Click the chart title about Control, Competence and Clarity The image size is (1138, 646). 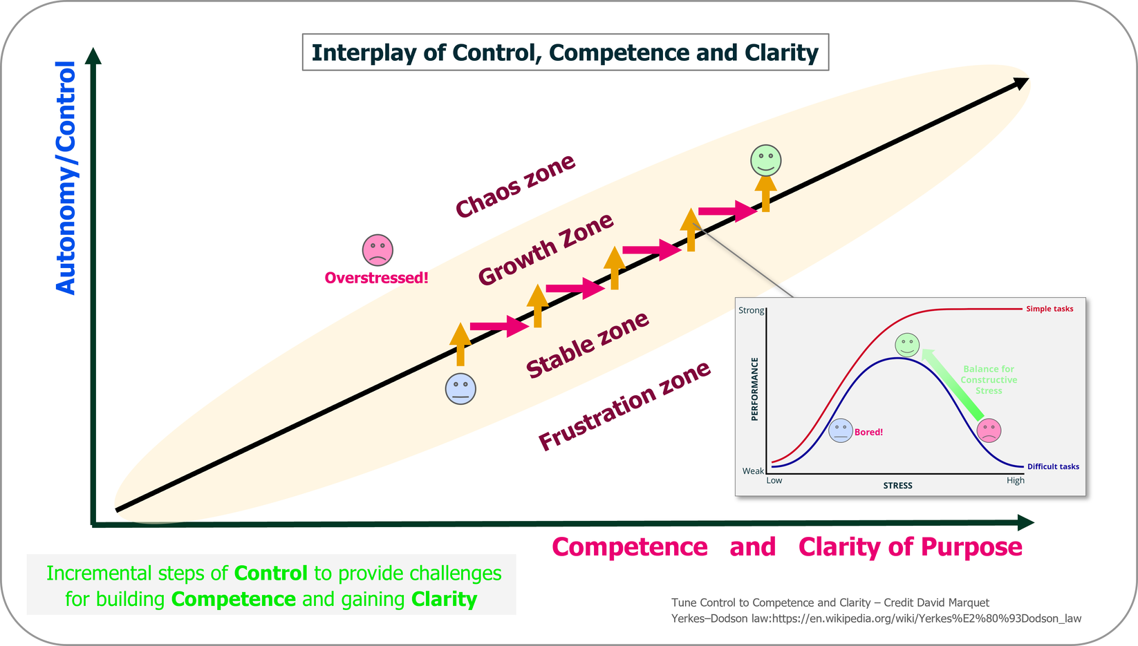pyautogui.click(x=565, y=53)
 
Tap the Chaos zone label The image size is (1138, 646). pyautogui.click(x=515, y=186)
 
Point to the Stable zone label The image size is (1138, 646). pyautogui.click(x=587, y=345)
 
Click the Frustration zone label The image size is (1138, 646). pyautogui.click(x=624, y=406)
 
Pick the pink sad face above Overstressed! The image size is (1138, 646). pyautogui.click(x=377, y=250)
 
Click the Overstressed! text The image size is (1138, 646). pyautogui.click(x=376, y=278)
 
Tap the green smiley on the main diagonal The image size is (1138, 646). pyautogui.click(x=765, y=160)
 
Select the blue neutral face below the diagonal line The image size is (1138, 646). pyautogui.click(x=460, y=388)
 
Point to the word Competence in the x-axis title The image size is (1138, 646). pyautogui.click(x=629, y=547)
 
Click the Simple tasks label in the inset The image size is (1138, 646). pyautogui.click(x=1049, y=309)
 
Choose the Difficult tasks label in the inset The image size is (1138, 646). pyautogui.click(x=1052, y=466)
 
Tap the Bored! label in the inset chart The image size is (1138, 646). pyautogui.click(x=868, y=432)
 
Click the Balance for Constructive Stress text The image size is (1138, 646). pyautogui.click(x=989, y=380)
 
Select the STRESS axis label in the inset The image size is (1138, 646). pyautogui.click(x=897, y=486)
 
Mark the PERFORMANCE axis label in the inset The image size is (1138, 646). pyautogui.click(x=754, y=389)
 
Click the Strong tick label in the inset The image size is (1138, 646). pyautogui.click(x=751, y=310)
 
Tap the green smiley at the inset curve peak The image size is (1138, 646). pyautogui.click(x=906, y=344)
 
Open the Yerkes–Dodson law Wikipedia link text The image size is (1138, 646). pyautogui.click(x=876, y=618)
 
